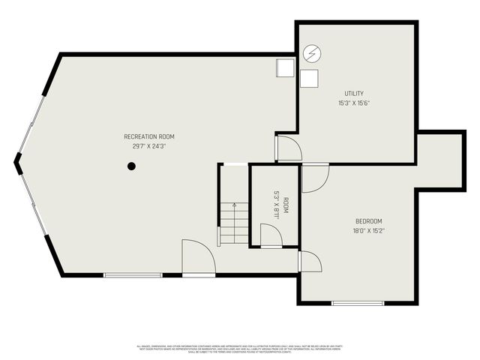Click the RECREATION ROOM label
pos(149,136)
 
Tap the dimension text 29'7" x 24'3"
pos(149,146)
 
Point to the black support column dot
pos(131,166)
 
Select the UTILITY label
pos(354,94)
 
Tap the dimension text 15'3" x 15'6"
pos(354,103)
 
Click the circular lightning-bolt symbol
pos(311,53)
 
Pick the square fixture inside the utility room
pos(309,78)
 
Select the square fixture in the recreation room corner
pos(285,67)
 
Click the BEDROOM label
pos(369,221)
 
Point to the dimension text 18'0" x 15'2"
pos(369,231)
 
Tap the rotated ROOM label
pos(286,205)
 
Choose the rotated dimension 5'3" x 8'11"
pos(276,205)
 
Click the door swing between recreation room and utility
pos(288,148)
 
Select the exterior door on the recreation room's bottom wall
pos(198,259)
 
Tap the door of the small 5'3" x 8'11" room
pos(271,236)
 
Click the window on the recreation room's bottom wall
pos(133,275)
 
